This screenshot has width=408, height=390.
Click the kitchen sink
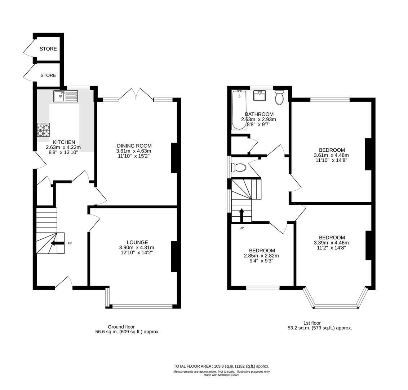[65, 96]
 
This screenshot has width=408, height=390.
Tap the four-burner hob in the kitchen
[43, 130]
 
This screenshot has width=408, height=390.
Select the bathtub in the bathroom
[239, 110]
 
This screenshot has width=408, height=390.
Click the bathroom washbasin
[260, 96]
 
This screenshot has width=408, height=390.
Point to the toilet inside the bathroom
[279, 97]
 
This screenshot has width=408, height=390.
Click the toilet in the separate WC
[239, 168]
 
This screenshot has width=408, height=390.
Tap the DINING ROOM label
[134, 146]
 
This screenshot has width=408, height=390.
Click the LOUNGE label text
[137, 242]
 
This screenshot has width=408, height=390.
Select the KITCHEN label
[64, 142]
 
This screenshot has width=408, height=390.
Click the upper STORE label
[48, 49]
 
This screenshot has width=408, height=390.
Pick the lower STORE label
[48, 75]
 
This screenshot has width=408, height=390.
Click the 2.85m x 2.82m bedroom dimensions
[261, 256]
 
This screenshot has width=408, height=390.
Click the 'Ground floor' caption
[121, 327]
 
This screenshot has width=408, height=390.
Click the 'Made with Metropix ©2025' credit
[221, 375]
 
